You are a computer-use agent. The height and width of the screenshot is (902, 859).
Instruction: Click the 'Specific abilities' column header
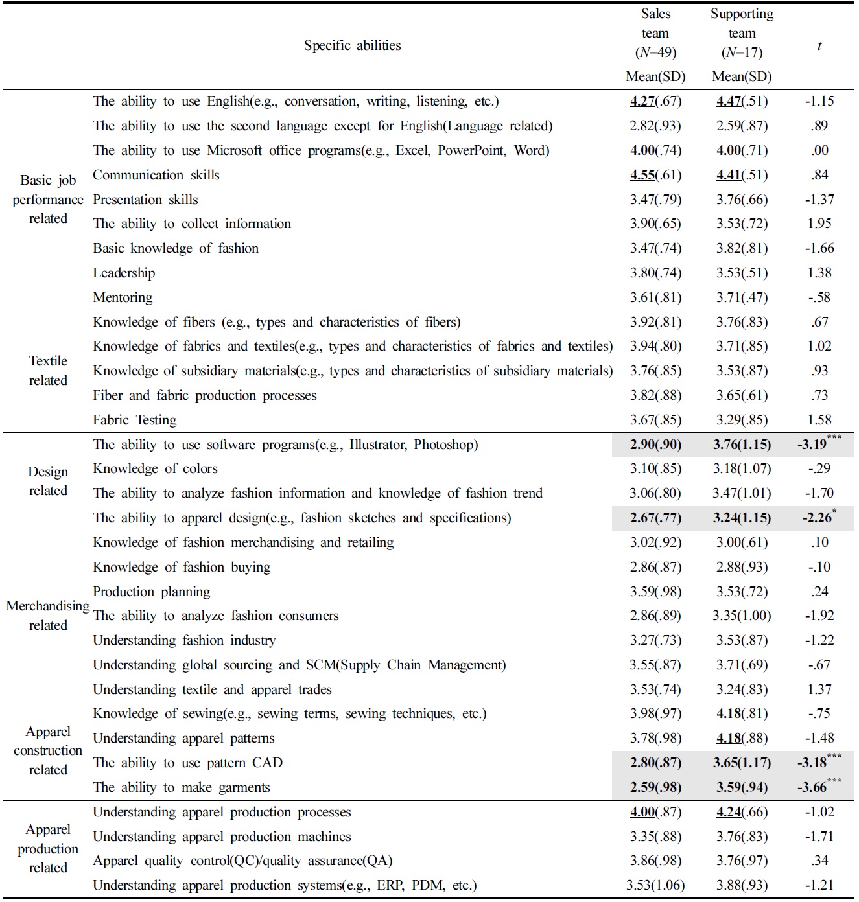[352, 45]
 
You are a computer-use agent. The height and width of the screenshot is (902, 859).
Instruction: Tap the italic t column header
[819, 45]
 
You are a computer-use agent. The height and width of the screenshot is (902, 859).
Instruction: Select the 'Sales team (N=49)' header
[655, 33]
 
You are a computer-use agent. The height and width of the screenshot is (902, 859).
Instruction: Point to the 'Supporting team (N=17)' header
[742, 33]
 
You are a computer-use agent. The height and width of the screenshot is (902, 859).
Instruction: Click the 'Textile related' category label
[48, 371]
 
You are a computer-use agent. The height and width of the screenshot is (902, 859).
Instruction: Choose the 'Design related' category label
[48, 481]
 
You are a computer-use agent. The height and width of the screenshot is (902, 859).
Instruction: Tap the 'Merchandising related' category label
[48, 616]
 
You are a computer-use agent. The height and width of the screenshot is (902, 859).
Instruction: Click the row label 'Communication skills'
[156, 175]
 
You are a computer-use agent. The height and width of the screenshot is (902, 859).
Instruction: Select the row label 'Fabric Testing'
[135, 420]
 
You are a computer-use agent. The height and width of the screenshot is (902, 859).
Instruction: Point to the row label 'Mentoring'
[123, 297]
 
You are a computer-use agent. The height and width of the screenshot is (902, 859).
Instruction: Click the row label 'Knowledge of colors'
[155, 468]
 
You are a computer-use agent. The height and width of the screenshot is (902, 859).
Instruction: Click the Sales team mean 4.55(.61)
[655, 175]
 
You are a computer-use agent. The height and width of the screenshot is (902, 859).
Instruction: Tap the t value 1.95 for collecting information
[819, 224]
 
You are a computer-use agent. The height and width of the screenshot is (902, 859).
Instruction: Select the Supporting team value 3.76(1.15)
[742, 445]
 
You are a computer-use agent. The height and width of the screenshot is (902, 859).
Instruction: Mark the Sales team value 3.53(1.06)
[655, 885]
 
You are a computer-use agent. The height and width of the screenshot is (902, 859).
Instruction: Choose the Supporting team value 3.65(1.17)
[742, 763]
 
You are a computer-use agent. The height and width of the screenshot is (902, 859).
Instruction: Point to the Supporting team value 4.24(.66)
[742, 812]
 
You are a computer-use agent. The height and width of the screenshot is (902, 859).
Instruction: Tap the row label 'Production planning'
[152, 592]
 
